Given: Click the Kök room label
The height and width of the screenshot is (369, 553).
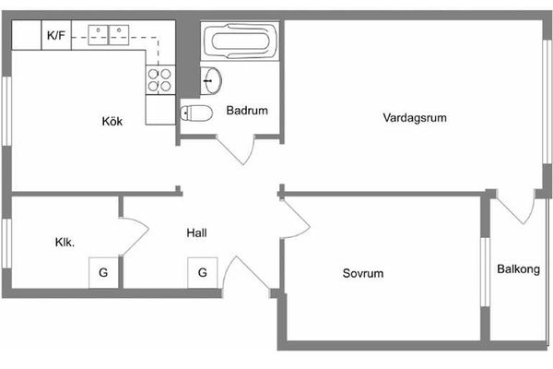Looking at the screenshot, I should [x=112, y=121].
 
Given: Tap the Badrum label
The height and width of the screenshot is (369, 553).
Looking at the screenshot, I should [x=246, y=111].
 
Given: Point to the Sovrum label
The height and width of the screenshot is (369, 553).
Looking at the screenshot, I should [x=362, y=273].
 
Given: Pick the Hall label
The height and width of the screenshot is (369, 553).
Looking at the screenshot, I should [x=196, y=232].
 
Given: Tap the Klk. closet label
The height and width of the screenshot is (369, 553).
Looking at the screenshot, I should [x=65, y=244].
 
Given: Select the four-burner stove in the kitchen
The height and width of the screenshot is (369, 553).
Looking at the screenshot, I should [x=159, y=79].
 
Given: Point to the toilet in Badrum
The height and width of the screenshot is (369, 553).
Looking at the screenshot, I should [x=198, y=113].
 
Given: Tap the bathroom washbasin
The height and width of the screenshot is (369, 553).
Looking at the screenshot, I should [x=211, y=80].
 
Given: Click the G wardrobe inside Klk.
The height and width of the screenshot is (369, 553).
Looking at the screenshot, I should [x=103, y=273].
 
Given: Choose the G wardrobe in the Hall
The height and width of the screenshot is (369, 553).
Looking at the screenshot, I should [x=202, y=273].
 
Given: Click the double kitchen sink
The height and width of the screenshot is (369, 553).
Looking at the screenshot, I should [x=110, y=36].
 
